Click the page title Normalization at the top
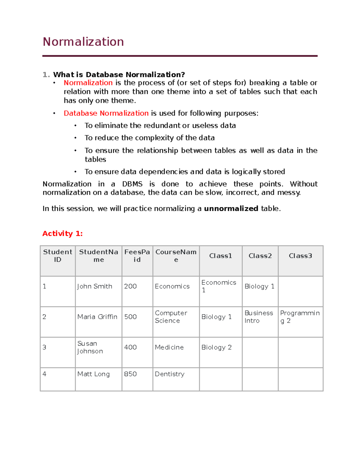point(83,42)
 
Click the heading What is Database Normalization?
point(119,74)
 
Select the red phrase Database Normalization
point(106,113)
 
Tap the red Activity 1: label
point(62,233)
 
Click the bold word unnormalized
point(231,209)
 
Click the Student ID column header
point(58,256)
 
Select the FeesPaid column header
point(137,256)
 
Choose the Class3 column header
point(300,256)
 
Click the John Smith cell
point(94,286)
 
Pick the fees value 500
point(130,317)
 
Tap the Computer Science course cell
point(171,317)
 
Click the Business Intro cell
point(259,317)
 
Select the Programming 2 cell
point(300,317)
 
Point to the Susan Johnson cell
point(90,347)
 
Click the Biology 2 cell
point(216,347)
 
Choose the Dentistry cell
point(169,374)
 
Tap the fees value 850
point(130,374)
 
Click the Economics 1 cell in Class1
point(219,286)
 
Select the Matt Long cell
point(93,374)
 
